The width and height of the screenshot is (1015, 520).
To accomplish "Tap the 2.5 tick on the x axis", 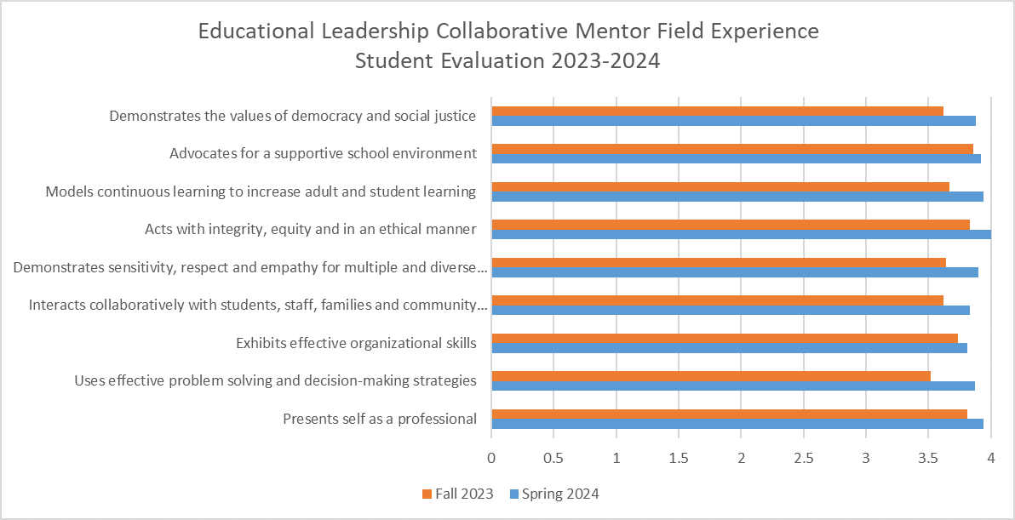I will [x=804, y=458].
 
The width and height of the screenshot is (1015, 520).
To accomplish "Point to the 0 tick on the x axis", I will [x=491, y=458].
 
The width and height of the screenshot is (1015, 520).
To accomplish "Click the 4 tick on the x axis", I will [x=991, y=458].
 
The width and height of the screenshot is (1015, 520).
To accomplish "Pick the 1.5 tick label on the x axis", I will [x=679, y=458].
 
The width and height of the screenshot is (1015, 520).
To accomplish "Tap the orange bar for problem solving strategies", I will [x=711, y=375].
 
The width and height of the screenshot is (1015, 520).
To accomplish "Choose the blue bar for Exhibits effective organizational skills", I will [x=729, y=347].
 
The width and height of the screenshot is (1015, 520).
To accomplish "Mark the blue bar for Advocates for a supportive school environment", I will [x=736, y=158].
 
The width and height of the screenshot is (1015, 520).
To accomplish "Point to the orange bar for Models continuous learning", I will [x=720, y=186].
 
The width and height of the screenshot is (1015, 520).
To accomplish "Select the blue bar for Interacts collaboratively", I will [x=730, y=310].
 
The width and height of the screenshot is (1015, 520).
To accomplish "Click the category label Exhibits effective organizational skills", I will [x=356, y=343].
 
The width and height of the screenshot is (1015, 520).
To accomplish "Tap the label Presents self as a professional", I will [x=379, y=418].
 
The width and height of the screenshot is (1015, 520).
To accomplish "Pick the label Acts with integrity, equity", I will [x=310, y=229].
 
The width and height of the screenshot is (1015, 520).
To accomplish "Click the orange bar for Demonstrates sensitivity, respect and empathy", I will [x=719, y=262].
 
